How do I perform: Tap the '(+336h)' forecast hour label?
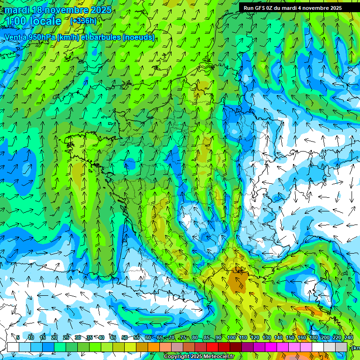point(83,21)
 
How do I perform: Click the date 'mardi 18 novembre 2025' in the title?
point(58,10)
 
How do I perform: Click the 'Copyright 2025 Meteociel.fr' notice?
point(199,356)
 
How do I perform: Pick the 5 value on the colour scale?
point(18,337)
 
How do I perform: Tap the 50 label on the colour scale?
point(125,337)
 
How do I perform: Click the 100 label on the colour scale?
point(232,337)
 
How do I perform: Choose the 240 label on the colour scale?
point(348,337)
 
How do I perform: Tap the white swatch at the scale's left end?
point(13,347)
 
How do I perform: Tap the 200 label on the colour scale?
point(325,337)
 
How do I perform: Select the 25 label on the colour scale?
point(66,337)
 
